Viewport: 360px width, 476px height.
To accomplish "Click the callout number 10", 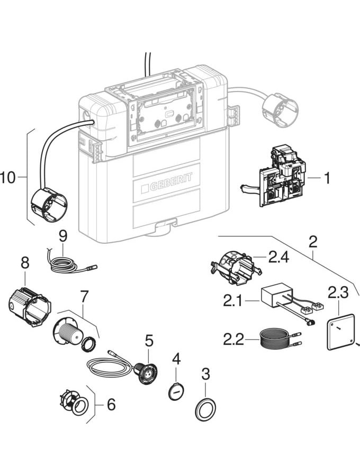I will tap(9, 178).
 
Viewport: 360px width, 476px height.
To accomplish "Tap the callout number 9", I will tap(62, 235).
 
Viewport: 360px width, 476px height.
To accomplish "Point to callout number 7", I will tap(84, 296).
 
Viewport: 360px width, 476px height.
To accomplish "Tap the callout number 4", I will tap(176, 359).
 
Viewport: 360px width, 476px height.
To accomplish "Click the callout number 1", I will tap(327, 178).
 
